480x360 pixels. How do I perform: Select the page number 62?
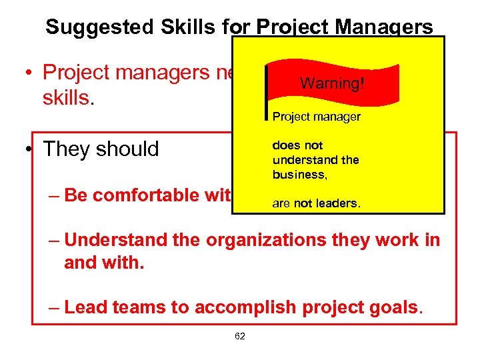pyautogui.click(x=240, y=336)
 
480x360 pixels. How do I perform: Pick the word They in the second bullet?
pyautogui.click(x=67, y=149)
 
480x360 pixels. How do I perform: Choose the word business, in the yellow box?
pyautogui.click(x=297, y=175)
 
